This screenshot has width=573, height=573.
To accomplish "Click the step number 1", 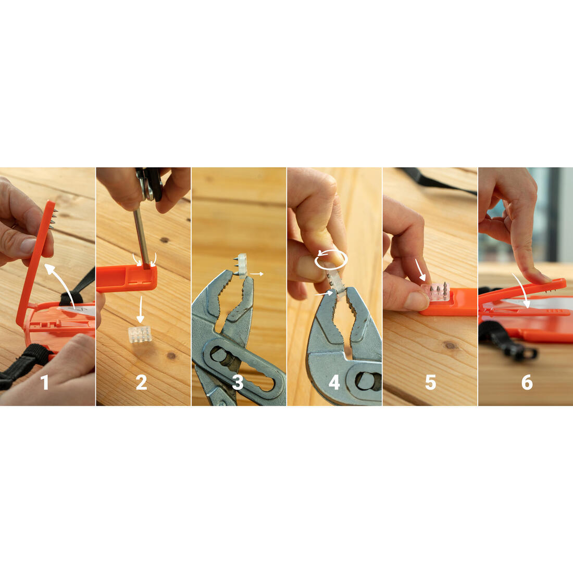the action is point(45,383).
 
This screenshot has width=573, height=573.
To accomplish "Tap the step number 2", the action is point(141,383).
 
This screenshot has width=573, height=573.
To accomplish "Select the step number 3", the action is point(238,383).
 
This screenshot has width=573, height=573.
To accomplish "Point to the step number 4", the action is point(334,383).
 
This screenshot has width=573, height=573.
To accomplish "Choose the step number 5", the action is point(430,383).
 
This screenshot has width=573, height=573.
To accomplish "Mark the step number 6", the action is point(527,383).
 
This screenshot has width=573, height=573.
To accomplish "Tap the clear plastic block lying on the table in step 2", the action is point(140,334).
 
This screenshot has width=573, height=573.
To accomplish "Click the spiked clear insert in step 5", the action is point(435,292).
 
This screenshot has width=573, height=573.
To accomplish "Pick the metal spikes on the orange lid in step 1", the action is point(53,218).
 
